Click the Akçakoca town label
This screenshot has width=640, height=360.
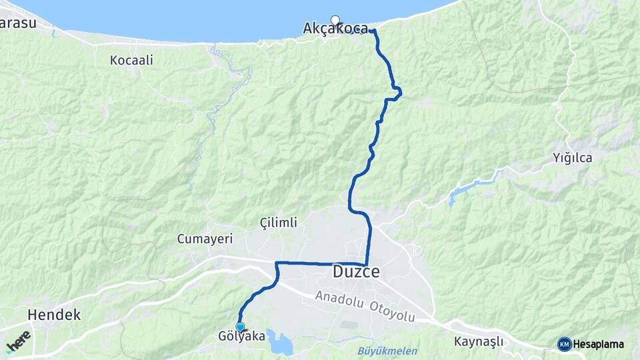pos(335,29)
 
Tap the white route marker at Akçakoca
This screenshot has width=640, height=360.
pos(335,20)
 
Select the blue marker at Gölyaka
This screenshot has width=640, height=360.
pos(240,327)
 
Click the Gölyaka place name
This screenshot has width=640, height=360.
pos(241,337)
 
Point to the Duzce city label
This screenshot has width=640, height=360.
pos(356,272)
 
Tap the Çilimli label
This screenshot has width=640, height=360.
pos(279,222)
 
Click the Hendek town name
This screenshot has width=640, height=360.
pos(54,315)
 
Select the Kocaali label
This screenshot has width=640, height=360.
pos(131,60)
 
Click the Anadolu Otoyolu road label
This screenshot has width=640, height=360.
pos(365,306)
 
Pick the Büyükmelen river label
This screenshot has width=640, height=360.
pos(387,351)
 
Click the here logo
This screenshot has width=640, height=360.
pos(18,342)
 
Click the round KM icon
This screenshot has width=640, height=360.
pos(564,344)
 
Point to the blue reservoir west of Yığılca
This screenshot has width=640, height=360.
pos(460,193)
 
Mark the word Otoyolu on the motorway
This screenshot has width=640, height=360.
pos(393,311)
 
